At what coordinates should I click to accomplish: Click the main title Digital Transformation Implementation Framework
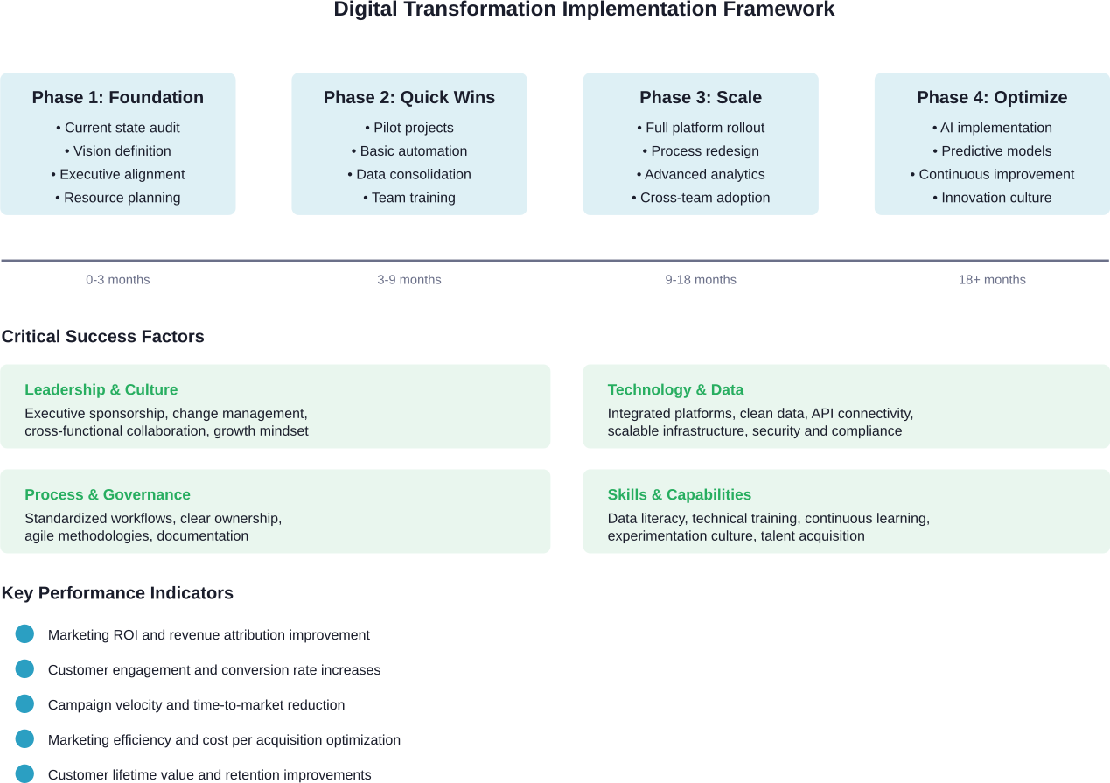583,10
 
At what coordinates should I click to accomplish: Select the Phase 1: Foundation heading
117,97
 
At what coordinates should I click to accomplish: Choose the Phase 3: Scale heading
700,97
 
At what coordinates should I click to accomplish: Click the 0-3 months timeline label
117,280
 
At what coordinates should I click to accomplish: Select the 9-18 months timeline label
700,280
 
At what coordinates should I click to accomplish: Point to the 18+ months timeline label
992,280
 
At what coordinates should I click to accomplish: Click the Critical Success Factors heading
102,337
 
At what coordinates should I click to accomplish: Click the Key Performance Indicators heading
117,593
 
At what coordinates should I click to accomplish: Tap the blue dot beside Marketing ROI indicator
24,634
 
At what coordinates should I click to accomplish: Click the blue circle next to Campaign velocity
24,704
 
